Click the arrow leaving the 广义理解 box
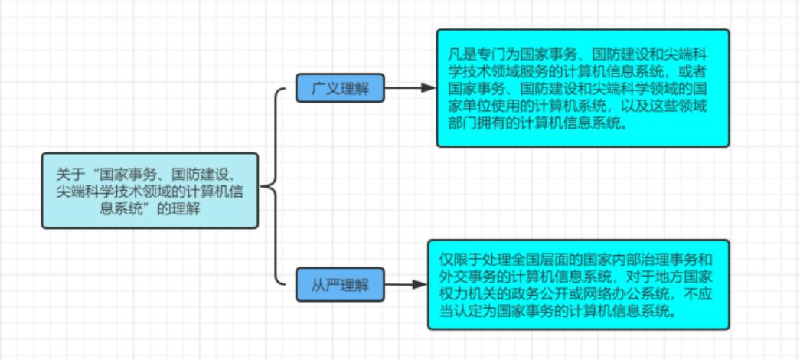tap(410, 88)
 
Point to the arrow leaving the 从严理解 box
tap(406, 285)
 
